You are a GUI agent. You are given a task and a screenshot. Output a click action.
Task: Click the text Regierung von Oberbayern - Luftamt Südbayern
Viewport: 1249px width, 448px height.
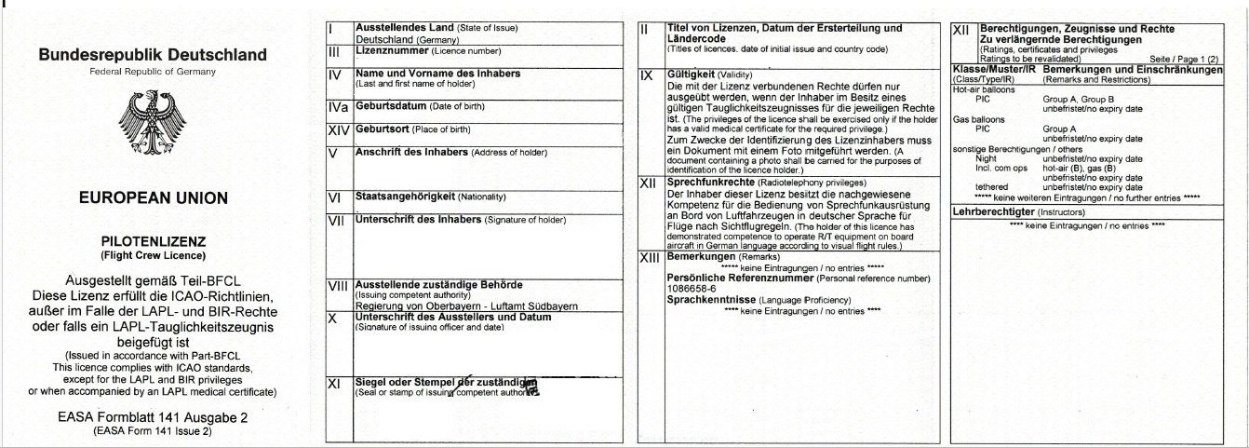tap(466, 305)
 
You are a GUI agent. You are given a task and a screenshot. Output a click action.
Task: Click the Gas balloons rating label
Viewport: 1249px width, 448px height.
tap(976, 120)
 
